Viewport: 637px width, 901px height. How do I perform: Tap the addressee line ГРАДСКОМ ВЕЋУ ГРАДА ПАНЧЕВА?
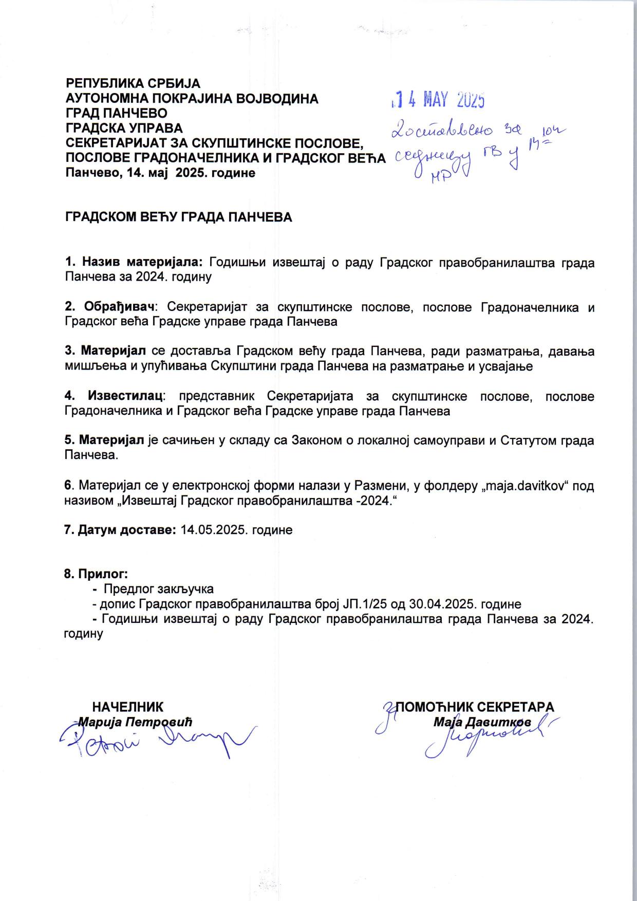coord(178,217)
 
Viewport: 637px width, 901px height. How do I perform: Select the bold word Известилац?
coord(126,397)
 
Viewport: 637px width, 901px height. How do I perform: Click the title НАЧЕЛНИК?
coord(127,706)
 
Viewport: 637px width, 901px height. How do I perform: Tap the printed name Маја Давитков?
coord(482,722)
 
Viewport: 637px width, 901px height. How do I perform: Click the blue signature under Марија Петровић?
coord(154,743)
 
